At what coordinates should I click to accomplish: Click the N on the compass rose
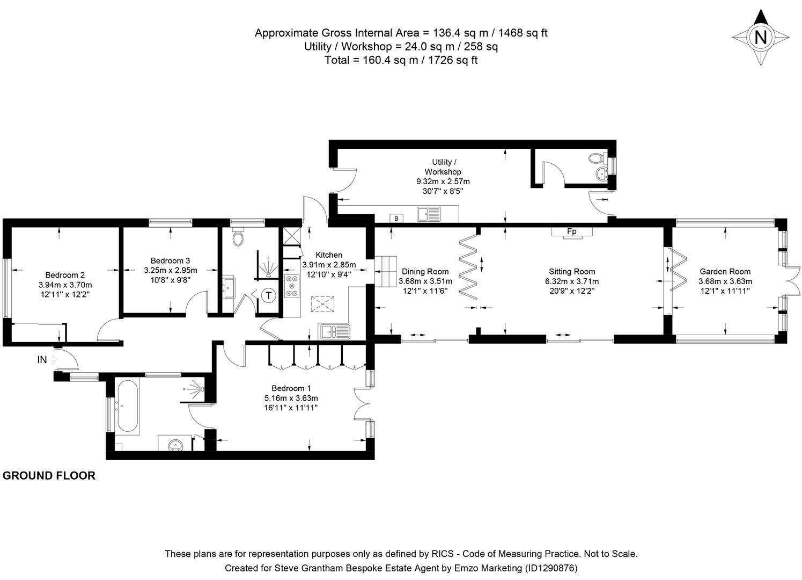tap(760, 37)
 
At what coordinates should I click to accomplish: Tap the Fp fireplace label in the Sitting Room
tap(572, 231)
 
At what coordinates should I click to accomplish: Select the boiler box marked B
tap(396, 218)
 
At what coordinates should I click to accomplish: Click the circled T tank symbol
tap(268, 295)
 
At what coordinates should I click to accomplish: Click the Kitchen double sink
tap(334, 331)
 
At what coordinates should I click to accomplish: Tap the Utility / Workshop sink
tap(429, 214)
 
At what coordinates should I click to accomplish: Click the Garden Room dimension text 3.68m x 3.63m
tap(725, 281)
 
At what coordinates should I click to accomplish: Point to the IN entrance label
tap(42, 360)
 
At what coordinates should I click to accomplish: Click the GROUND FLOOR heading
tap(49, 475)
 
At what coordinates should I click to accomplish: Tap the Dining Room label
tap(425, 272)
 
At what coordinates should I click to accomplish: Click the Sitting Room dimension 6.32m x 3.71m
tap(572, 281)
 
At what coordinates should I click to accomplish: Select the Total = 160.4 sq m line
tap(401, 60)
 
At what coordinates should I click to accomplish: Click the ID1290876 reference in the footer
tap(550, 568)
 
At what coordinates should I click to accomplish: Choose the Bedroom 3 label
tap(170, 260)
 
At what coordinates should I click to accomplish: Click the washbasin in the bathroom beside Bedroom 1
tap(174, 444)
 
